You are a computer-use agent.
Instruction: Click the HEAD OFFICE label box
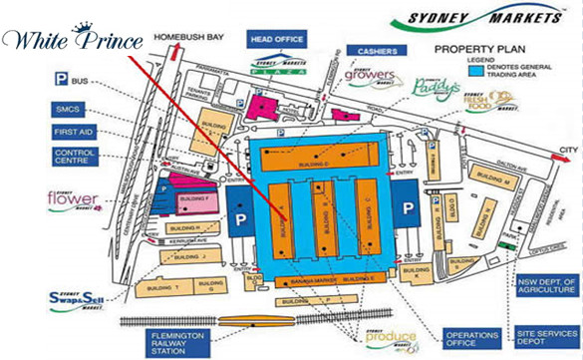pos(276,40)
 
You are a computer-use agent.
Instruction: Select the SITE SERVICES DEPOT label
pos(548,338)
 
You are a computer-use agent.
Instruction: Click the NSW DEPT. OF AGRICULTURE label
pos(549,292)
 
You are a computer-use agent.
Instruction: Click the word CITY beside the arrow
pos(568,150)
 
